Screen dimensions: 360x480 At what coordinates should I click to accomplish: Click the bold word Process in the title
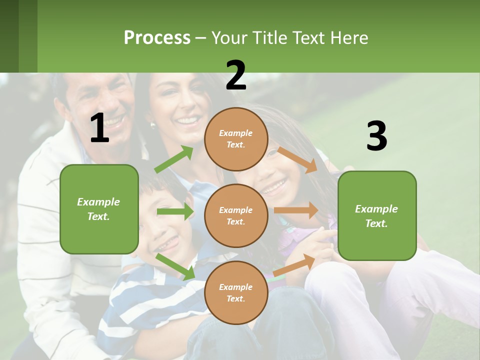tap(157, 38)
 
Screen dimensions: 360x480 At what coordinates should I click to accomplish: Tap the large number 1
tap(99, 128)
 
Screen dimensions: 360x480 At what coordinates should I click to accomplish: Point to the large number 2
tap(236, 75)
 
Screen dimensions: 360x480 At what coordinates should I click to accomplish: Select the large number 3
tap(376, 136)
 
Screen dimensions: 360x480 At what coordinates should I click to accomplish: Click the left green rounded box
tap(99, 209)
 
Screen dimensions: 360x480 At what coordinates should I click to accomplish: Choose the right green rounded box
tap(377, 216)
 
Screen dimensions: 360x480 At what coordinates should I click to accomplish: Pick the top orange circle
tap(236, 139)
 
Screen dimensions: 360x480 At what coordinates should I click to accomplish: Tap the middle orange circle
tap(236, 215)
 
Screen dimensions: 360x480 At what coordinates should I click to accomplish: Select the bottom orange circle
tap(236, 292)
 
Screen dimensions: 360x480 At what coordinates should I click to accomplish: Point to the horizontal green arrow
tap(175, 211)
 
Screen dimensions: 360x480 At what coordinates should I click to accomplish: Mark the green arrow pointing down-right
tap(175, 266)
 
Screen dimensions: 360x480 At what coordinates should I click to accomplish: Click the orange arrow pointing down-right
tap(297, 159)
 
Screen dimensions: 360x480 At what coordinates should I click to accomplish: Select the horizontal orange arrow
tap(296, 210)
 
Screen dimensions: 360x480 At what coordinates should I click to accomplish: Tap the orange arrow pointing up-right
tap(294, 265)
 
